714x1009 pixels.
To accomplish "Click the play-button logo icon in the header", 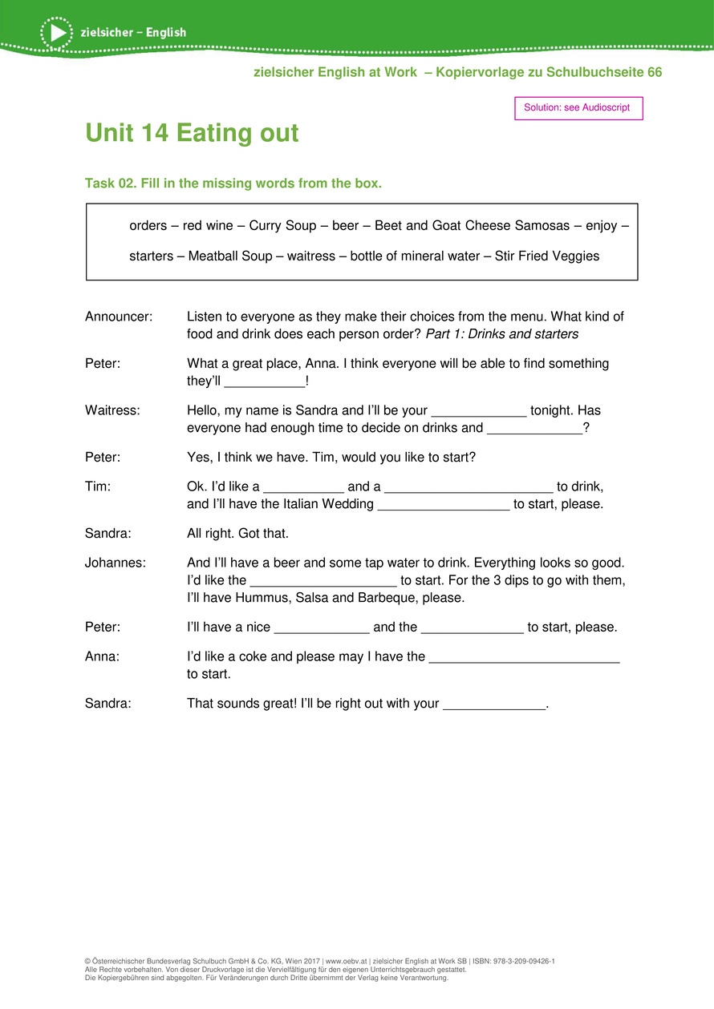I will (56, 32).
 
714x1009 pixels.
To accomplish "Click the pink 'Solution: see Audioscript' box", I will (578, 107).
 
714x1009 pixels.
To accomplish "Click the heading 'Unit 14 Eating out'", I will (192, 133).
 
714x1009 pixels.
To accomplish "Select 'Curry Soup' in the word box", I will (282, 226).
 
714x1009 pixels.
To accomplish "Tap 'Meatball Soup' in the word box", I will (230, 256).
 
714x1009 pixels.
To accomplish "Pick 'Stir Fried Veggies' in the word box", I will (546, 256).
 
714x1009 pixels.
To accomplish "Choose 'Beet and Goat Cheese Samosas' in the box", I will (471, 226).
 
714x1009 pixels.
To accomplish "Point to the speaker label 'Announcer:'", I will (119, 317).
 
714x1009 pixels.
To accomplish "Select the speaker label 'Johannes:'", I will (116, 563).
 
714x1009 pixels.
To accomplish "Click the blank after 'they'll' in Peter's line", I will (265, 382).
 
